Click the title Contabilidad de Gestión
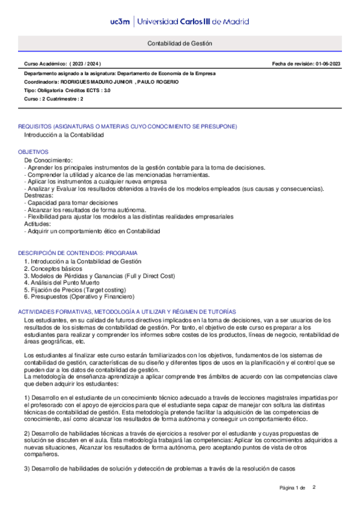click(180, 45)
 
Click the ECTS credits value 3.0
click(106, 90)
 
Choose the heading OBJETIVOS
click(33, 153)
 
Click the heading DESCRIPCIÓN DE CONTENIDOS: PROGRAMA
click(78, 253)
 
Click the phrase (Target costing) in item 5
click(98, 289)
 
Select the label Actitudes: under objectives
click(38, 224)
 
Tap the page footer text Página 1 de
click(293, 487)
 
